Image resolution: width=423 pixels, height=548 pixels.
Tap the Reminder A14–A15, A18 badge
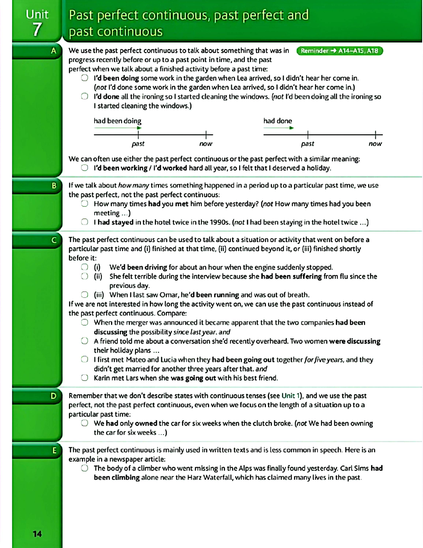[340, 51]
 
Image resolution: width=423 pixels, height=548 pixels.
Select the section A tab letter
[54, 51]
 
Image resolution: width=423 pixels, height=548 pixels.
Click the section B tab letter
[54, 186]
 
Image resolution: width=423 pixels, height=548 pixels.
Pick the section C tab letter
[54, 240]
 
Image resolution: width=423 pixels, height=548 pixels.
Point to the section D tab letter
[54, 396]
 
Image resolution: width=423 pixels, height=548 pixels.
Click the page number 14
[37, 534]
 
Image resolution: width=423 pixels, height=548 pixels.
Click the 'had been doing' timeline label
[117, 121]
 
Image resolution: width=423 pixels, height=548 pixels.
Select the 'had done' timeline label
[278, 121]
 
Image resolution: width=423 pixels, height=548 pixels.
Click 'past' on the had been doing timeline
[138, 144]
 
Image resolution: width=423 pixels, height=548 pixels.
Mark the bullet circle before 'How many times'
[85, 203]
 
